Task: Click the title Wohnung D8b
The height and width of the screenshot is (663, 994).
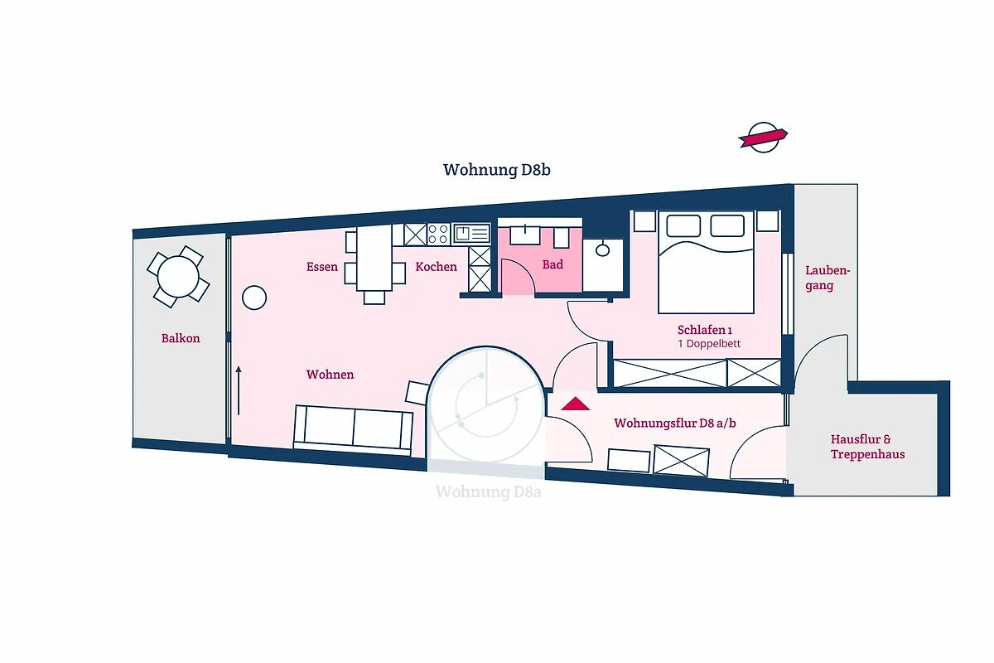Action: (x=496, y=170)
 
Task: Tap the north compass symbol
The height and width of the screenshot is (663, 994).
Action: (x=763, y=138)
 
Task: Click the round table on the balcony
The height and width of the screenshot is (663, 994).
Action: (x=178, y=277)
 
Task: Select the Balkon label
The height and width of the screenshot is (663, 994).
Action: (x=181, y=338)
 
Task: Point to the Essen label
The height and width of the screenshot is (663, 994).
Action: (x=322, y=267)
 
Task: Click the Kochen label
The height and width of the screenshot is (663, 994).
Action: (x=437, y=267)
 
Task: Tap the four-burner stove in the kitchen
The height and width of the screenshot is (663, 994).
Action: (x=438, y=234)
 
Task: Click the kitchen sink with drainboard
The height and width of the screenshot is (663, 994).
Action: (x=471, y=234)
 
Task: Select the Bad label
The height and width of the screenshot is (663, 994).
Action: (x=553, y=264)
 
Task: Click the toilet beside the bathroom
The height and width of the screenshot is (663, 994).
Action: (x=603, y=250)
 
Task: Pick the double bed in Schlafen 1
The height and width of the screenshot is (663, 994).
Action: (x=706, y=262)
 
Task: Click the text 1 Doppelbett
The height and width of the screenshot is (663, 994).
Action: (x=709, y=344)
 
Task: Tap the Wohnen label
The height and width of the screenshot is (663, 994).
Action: (x=331, y=375)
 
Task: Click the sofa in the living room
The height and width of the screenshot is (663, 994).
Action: (x=353, y=429)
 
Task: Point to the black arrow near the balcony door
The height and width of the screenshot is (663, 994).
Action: (x=239, y=391)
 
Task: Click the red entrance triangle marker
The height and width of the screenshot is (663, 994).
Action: (x=576, y=404)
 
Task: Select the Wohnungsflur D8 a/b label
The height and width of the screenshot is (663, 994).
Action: (x=675, y=423)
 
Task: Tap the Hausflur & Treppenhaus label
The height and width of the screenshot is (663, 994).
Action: (x=867, y=447)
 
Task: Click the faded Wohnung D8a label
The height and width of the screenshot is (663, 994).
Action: (x=489, y=492)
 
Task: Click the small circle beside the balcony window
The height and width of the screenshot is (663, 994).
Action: (x=254, y=298)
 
